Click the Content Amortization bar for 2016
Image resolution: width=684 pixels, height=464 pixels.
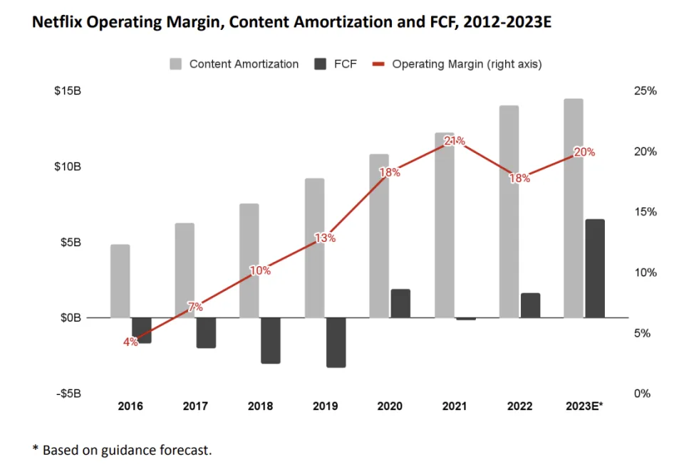click(x=120, y=281)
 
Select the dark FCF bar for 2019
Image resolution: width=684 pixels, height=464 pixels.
click(x=336, y=342)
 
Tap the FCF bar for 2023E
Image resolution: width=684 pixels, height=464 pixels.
click(x=594, y=268)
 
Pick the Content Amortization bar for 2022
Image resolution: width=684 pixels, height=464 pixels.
click(x=509, y=211)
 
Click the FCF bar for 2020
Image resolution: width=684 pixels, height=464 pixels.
click(x=400, y=303)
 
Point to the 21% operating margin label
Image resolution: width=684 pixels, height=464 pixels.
click(x=455, y=141)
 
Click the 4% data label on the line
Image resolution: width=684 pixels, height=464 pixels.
click(x=130, y=342)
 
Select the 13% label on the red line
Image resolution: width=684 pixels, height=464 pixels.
click(x=325, y=238)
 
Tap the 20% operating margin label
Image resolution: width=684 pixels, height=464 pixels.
click(x=584, y=152)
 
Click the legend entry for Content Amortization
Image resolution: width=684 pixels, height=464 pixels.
click(x=234, y=64)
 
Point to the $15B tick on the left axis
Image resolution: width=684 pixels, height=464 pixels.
click(x=67, y=91)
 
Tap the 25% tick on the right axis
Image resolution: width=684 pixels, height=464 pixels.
click(x=645, y=91)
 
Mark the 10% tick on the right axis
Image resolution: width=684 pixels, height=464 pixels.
click(x=645, y=273)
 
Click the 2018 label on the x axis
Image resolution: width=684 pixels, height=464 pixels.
click(x=260, y=406)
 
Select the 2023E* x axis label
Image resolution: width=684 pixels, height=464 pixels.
click(x=584, y=406)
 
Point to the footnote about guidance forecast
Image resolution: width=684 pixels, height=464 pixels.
click(x=122, y=450)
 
